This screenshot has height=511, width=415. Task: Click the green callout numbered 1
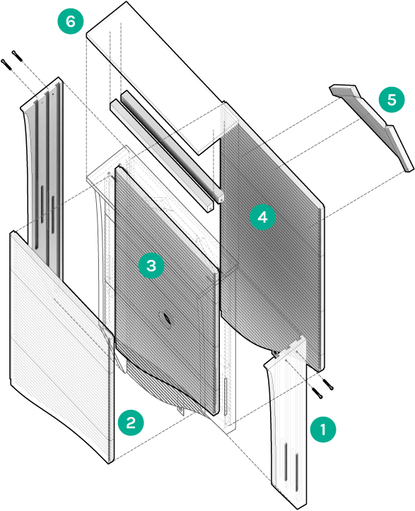[323, 429]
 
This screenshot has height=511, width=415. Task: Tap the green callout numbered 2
[131, 423]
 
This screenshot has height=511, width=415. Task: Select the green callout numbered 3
[151, 266]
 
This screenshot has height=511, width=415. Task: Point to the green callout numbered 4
[262, 217]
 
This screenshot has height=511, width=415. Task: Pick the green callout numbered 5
[392, 100]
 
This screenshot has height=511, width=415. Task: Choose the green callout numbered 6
[71, 21]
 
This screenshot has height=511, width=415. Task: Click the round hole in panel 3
[165, 318]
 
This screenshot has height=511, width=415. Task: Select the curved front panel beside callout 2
[62, 346]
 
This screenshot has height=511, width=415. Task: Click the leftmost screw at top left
[6, 64]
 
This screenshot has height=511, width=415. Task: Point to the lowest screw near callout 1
[317, 393]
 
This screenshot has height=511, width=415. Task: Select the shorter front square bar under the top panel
[161, 155]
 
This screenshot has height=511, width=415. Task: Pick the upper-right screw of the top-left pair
[17, 55]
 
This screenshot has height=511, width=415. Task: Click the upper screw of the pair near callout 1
[327, 384]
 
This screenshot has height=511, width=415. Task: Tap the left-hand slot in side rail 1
[286, 462]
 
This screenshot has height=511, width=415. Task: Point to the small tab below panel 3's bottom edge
[180, 411]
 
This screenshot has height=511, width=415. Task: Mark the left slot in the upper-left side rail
[42, 204]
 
